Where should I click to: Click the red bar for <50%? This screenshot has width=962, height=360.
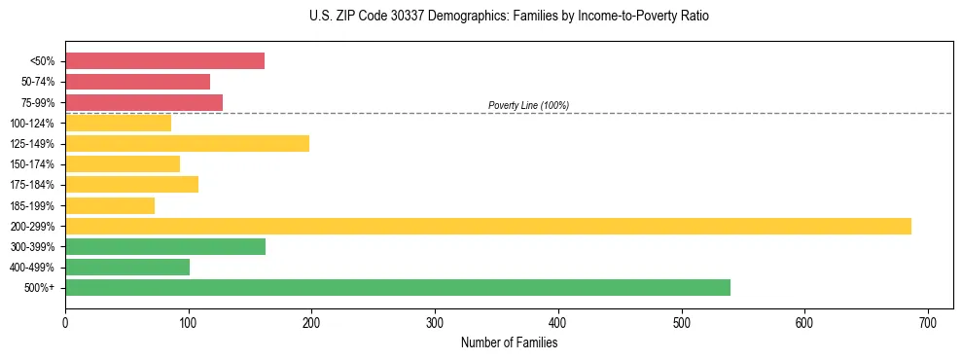pyautogui.click(x=164, y=61)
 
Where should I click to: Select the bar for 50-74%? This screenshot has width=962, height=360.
pyautogui.click(x=137, y=82)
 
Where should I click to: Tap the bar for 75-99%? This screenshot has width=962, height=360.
pyautogui.click(x=144, y=102)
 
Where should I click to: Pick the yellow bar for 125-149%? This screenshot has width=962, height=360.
pyautogui.click(x=187, y=144)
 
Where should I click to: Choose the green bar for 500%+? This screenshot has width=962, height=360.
pyautogui.click(x=397, y=288)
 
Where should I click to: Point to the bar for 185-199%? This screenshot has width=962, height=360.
pyautogui.click(x=110, y=205)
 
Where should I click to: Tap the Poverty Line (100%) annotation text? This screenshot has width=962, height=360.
pyautogui.click(x=528, y=105)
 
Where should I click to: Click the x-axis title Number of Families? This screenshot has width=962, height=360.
pyautogui.click(x=509, y=342)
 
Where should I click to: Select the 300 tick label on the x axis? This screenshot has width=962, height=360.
pyautogui.click(x=435, y=322)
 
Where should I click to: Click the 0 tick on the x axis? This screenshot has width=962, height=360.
pyautogui.click(x=65, y=322)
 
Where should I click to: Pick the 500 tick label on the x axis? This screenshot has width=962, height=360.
pyautogui.click(x=681, y=322)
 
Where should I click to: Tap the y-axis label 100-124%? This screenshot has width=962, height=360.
pyautogui.click(x=32, y=124)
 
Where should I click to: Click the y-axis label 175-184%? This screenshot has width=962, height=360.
pyautogui.click(x=32, y=185)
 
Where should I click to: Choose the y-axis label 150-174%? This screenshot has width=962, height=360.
pyautogui.click(x=32, y=164)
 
